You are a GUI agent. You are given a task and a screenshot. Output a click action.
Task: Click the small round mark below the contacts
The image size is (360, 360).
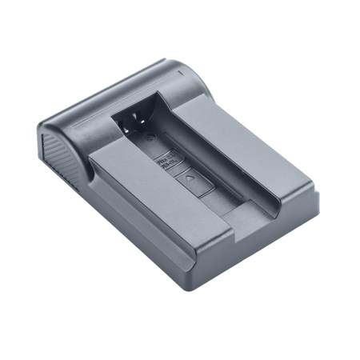click(x=149, y=138)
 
